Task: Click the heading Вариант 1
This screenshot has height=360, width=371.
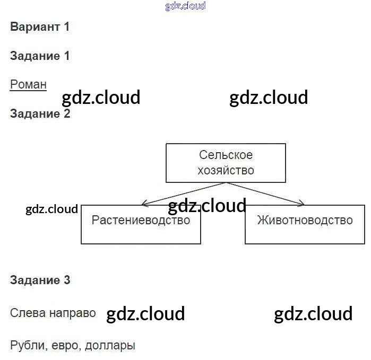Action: pyautogui.click(x=40, y=27)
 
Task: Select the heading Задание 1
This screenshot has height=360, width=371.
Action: pyautogui.click(x=40, y=56)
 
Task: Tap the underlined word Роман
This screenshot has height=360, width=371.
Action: pyautogui.click(x=28, y=84)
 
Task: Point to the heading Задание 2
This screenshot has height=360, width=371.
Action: pyautogui.click(x=40, y=113)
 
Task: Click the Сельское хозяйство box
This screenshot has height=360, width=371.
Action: pyautogui.click(x=226, y=162)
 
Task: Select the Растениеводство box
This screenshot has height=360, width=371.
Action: pyautogui.click(x=141, y=225)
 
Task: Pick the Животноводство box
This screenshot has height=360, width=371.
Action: pyautogui.click(x=305, y=225)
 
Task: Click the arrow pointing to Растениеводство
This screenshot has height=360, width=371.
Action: pyautogui.click(x=180, y=194)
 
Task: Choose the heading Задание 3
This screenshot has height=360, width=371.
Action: pyautogui.click(x=40, y=280)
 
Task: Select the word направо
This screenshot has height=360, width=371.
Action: pyautogui.click(x=72, y=313)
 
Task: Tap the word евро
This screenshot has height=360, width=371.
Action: pyautogui.click(x=66, y=346)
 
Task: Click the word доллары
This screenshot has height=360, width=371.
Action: pyautogui.click(x=110, y=346)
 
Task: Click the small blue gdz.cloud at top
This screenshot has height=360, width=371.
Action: pyautogui.click(x=185, y=6)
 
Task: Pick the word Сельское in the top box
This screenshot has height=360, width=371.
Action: pyautogui.click(x=226, y=155)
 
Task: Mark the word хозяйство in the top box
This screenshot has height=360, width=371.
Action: pyautogui.click(x=226, y=170)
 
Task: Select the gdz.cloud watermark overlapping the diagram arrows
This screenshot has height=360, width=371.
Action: pyautogui.click(x=207, y=205)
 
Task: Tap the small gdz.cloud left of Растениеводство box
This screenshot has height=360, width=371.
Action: pyautogui.click(x=51, y=209)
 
